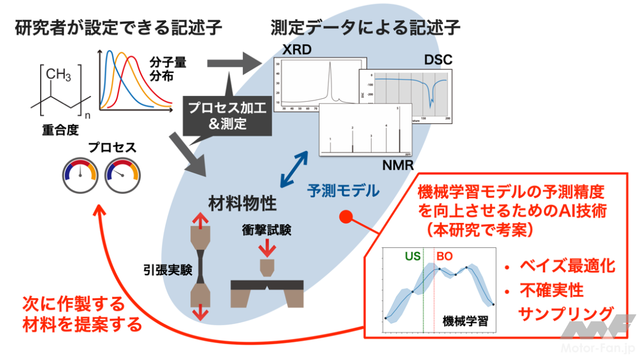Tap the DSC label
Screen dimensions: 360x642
[438, 59]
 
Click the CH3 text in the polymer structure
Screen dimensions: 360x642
[59, 74]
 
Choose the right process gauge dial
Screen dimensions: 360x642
[122, 175]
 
